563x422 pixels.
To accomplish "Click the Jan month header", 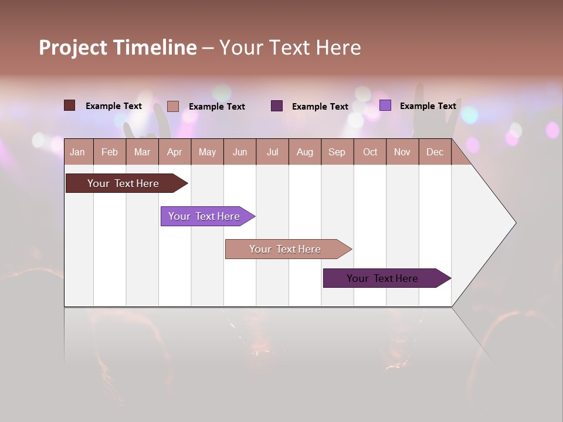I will [77, 152].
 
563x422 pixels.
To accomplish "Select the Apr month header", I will [174, 152].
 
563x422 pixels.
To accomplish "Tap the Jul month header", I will [272, 152].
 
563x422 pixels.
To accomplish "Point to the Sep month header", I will [337, 152].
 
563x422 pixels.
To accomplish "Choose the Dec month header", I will [435, 152].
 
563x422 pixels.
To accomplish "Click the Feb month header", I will [110, 152].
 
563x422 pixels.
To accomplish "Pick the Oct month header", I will [370, 152].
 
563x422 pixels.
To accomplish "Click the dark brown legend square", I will [70, 105].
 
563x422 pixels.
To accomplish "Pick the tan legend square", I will [173, 106].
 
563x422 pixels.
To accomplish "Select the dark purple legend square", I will [277, 106].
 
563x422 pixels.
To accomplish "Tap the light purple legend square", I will [385, 105].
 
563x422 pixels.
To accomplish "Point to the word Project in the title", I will [73, 47].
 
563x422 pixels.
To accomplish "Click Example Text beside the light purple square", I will [428, 106].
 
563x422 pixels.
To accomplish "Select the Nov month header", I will [402, 152].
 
